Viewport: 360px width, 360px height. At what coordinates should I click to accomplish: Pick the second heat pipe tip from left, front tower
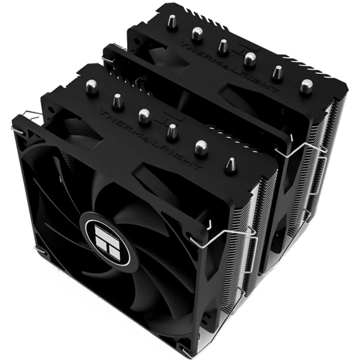[x=118, y=100]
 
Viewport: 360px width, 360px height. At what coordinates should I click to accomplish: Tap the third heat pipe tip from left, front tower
[x=144, y=115]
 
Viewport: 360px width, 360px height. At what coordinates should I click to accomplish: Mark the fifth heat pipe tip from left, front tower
[x=201, y=147]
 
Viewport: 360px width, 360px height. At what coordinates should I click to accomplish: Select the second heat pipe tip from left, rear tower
[x=197, y=34]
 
